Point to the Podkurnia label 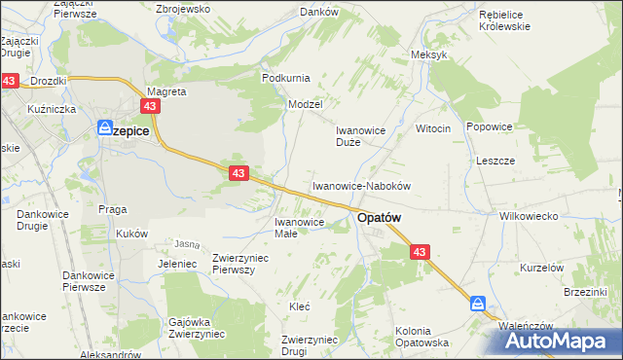[284, 77]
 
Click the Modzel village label [305, 103]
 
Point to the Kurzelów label [542, 267]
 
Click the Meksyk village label [429, 54]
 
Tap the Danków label [318, 12]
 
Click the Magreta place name [166, 91]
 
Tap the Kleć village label [300, 306]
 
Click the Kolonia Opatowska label [421, 337]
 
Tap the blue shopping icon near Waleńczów [478, 304]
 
